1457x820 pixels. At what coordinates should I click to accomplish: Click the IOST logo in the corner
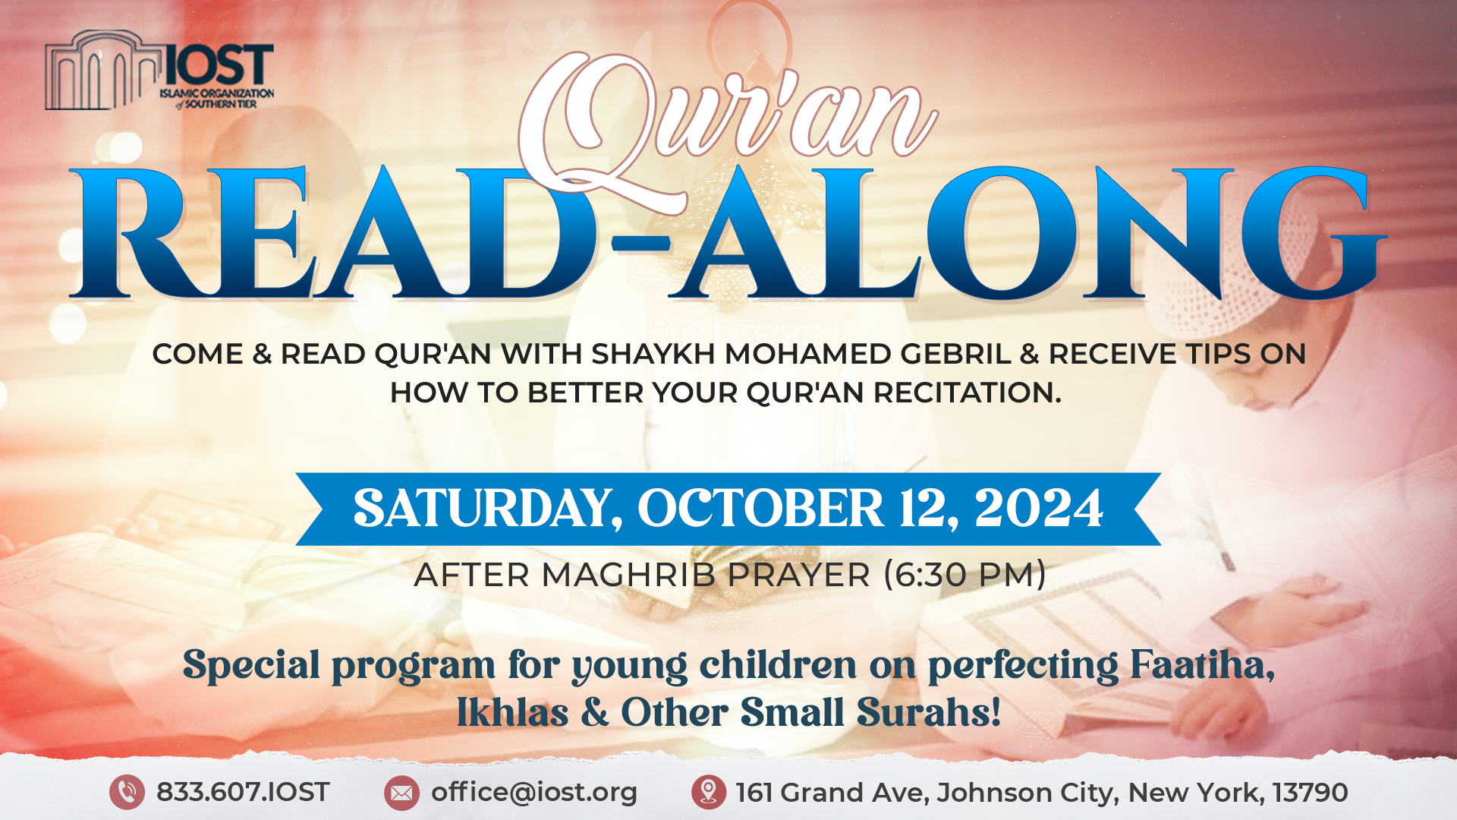point(159,71)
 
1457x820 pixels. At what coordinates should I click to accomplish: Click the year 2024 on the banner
point(1039,508)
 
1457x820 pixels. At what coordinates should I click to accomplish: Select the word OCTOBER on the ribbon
point(760,508)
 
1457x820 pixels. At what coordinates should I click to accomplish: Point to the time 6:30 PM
point(965,575)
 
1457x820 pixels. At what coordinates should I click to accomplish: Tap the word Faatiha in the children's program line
point(1203,665)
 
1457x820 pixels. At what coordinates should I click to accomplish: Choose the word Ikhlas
point(512,712)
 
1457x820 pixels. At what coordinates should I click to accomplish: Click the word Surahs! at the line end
point(929,712)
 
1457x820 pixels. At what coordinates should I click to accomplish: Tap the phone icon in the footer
point(127,793)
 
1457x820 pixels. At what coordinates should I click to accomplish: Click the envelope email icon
point(401,793)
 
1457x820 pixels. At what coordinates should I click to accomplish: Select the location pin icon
point(709,793)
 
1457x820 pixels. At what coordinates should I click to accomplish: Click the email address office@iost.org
point(534,792)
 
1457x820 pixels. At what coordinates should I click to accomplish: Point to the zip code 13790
point(1311,793)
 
